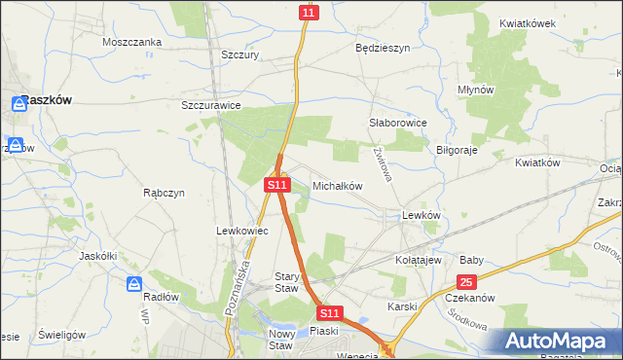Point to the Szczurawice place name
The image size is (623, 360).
(211, 105)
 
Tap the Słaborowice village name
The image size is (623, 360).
(398, 124)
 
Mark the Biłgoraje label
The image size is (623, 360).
(458, 151)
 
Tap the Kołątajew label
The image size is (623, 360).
(420, 261)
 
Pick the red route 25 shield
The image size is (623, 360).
(466, 281)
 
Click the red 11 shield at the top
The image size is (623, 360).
(309, 12)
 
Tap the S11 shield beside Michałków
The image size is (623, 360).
(277, 184)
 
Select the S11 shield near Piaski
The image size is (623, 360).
(330, 313)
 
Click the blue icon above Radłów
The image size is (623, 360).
(135, 283)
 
